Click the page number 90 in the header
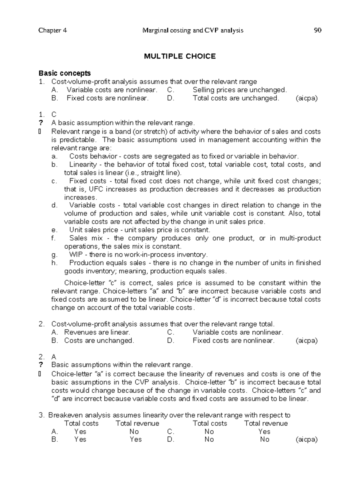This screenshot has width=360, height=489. [317, 30]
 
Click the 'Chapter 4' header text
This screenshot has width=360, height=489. [52, 30]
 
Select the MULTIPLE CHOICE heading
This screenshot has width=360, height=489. [180, 56]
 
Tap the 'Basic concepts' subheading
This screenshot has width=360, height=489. [64, 73]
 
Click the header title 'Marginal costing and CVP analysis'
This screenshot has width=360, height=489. [193, 30]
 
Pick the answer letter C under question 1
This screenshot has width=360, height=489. [54, 114]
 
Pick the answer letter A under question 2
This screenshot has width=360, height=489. [54, 357]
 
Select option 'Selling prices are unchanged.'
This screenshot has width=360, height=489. [240, 90]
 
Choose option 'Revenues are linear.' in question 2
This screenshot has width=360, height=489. [97, 332]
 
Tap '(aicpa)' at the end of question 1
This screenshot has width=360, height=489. [307, 98]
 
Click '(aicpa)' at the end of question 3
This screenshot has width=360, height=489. [307, 439]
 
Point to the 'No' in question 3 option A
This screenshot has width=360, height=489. [134, 432]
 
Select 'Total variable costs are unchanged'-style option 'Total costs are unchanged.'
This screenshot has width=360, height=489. [235, 98]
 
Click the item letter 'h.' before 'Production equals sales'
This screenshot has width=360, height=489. [54, 263]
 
